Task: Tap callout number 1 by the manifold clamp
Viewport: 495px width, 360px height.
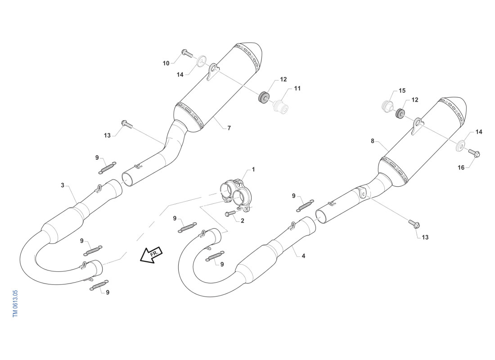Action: point(253,170)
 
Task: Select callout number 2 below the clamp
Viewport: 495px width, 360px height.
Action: point(243,221)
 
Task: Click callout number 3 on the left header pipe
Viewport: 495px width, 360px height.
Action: point(63,185)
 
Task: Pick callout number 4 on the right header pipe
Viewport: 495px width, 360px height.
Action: point(303,256)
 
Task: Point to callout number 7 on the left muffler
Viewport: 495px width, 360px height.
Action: point(229,128)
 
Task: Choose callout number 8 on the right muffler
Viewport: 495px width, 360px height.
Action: point(373,141)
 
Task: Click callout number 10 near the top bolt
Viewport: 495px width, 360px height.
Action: point(166,63)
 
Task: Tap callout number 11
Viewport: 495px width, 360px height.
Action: point(297,88)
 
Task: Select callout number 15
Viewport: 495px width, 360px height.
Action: point(402,90)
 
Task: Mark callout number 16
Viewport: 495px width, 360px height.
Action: point(461,167)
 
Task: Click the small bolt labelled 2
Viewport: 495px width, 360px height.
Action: point(230,214)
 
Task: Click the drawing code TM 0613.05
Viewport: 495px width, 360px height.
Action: point(15,304)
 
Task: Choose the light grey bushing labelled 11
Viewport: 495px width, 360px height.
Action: point(281,107)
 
